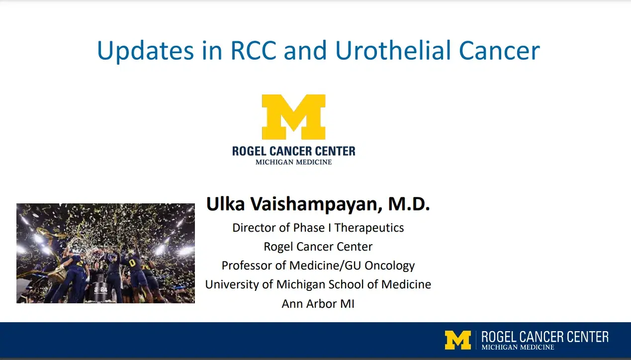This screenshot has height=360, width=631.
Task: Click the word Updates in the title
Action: pyautogui.click(x=145, y=51)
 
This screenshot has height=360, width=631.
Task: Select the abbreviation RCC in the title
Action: pyautogui.click(x=253, y=51)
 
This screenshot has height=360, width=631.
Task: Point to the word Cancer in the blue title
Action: pyautogui.click(x=499, y=51)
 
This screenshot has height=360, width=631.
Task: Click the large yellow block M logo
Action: pyautogui.click(x=293, y=117)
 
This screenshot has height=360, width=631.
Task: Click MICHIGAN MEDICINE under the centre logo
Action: pyautogui.click(x=293, y=162)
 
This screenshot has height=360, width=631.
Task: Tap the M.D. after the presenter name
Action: pyautogui.click(x=409, y=204)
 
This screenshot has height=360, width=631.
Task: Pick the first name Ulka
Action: pyautogui.click(x=225, y=204)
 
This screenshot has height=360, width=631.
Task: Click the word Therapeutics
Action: pyautogui.click(x=369, y=228)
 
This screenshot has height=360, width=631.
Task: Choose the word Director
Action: pyautogui.click(x=252, y=228)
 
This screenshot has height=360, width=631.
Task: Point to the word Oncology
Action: pyautogui.click(x=389, y=266)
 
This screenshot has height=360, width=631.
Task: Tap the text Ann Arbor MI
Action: pyautogui.click(x=318, y=304)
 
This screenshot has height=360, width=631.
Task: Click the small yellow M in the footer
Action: pyautogui.click(x=458, y=340)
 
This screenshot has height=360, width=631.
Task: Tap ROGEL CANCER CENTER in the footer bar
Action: pyautogui.click(x=545, y=337)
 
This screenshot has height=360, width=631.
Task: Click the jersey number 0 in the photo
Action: pyautogui.click(x=132, y=263)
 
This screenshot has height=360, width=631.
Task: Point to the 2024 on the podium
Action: pyautogui.click(x=100, y=289)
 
